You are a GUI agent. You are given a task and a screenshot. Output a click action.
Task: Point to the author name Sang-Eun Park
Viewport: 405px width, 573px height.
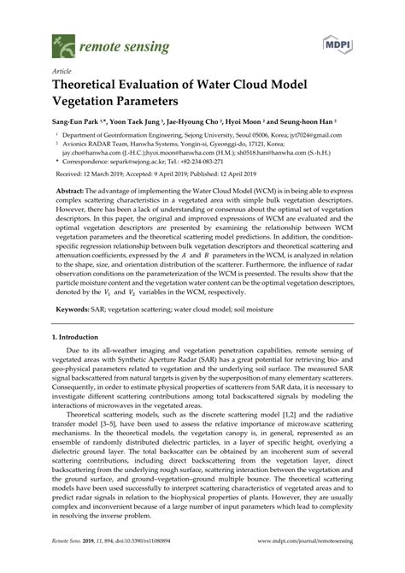click(x=77, y=123)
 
